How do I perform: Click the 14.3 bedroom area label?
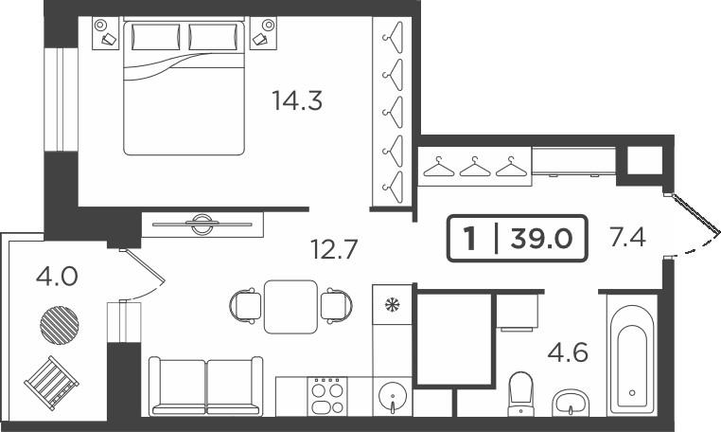(x=297, y=100)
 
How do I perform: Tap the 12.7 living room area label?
(x=334, y=249)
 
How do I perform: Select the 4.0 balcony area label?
(x=57, y=277)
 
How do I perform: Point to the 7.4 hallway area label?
(x=627, y=238)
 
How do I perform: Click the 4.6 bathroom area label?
(x=568, y=352)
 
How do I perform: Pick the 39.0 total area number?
(x=542, y=239)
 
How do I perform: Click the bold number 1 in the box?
(x=469, y=239)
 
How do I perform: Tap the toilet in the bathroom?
(x=520, y=394)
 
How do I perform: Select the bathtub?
(x=632, y=354)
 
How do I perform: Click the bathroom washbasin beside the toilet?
(x=571, y=403)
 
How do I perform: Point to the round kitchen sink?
(x=393, y=398)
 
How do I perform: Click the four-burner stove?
(x=327, y=396)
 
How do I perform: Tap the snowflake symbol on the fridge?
(x=393, y=304)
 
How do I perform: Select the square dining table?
(x=291, y=307)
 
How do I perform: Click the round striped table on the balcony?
(x=60, y=325)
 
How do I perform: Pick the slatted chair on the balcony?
(x=51, y=382)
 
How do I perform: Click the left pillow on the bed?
(x=155, y=36)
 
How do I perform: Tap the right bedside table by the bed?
(x=264, y=32)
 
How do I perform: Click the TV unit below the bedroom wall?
(x=202, y=225)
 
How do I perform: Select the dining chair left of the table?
(x=246, y=305)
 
